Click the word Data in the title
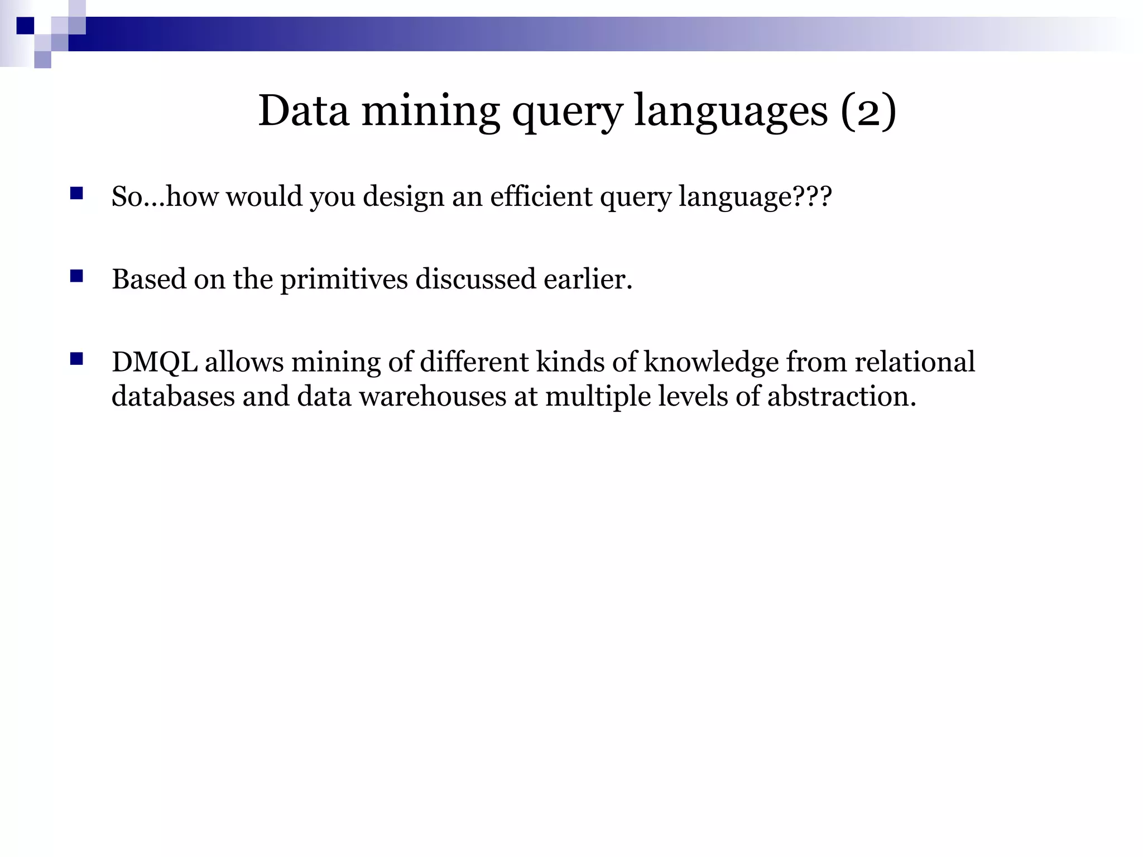pos(304,110)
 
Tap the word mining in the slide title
pos(430,110)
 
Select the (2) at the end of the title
pos(868,110)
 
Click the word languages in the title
pos(731,112)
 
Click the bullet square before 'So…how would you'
pos(76,194)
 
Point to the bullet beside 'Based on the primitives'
pos(76,276)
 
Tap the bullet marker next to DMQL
pos(76,359)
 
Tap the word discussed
pos(476,279)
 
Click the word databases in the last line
pos(173,396)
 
